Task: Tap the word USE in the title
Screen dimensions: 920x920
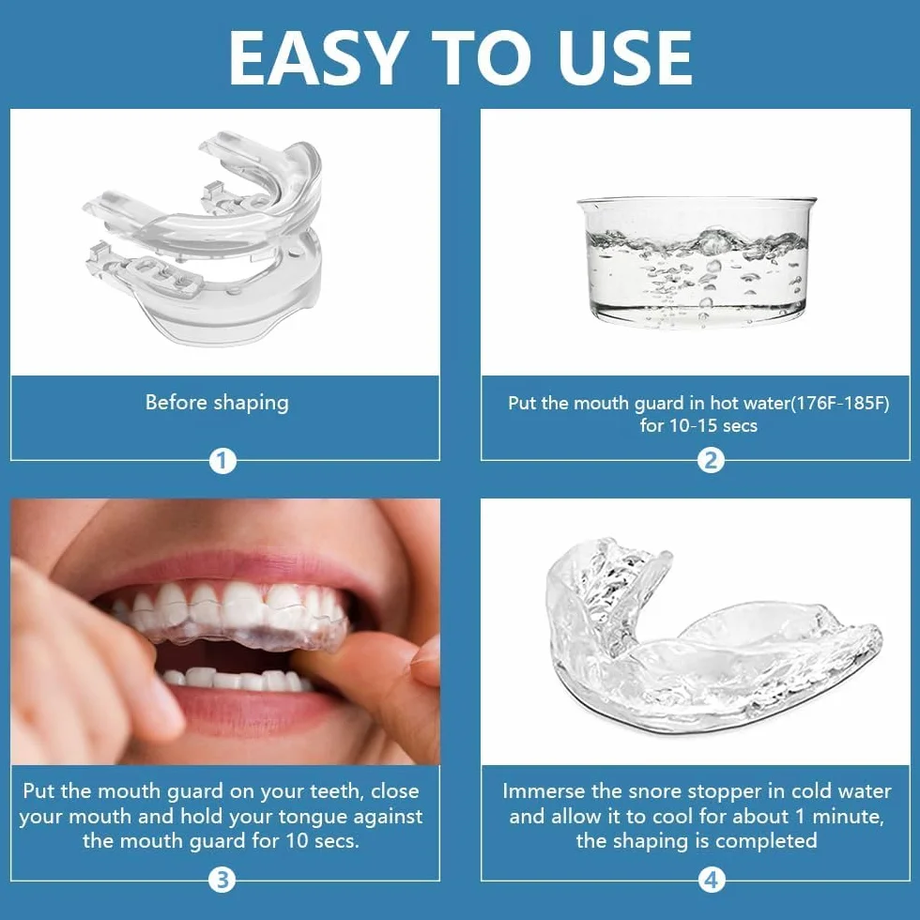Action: pyautogui.click(x=625, y=57)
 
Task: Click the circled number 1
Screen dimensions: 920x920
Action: pyautogui.click(x=222, y=461)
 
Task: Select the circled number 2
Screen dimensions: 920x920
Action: pyautogui.click(x=711, y=461)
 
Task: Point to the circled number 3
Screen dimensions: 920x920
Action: pyautogui.click(x=222, y=881)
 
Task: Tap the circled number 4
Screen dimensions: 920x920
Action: pyautogui.click(x=711, y=881)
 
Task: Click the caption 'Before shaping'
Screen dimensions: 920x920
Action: pyautogui.click(x=217, y=403)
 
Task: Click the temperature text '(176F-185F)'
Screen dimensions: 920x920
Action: pyautogui.click(x=839, y=404)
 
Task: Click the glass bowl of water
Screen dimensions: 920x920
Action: pyautogui.click(x=697, y=262)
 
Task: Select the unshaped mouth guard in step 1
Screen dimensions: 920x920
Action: pyautogui.click(x=203, y=238)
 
